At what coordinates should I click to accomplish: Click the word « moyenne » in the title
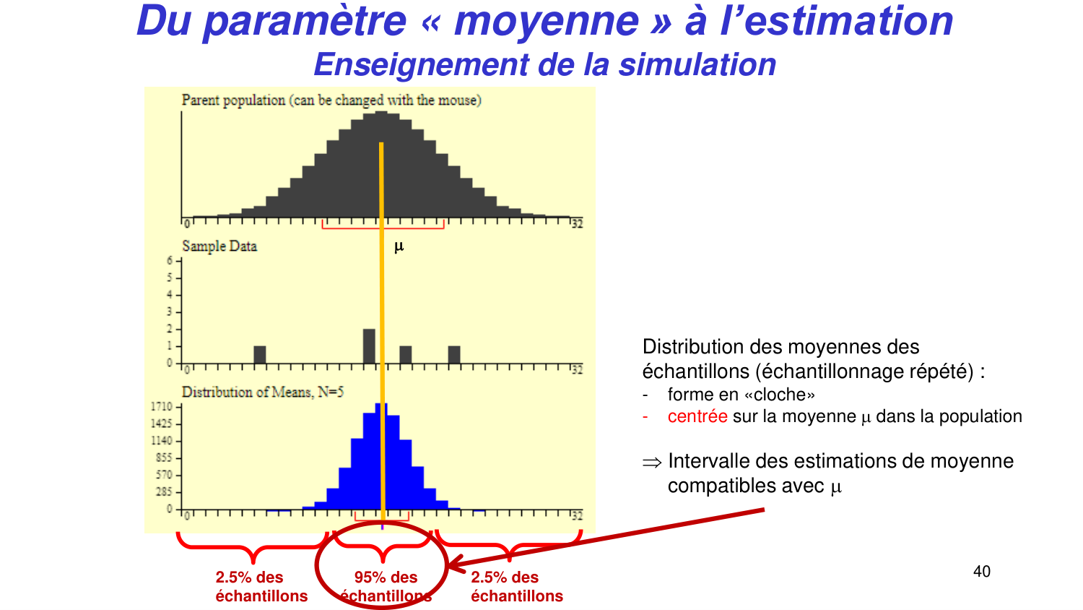pos(546,20)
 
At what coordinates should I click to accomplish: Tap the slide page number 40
pos(982,572)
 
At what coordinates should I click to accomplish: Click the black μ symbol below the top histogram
pos(399,247)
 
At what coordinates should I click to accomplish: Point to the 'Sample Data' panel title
pos(219,246)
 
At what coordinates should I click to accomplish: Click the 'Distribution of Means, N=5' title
pos(263,392)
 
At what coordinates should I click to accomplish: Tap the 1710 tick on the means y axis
pos(161,407)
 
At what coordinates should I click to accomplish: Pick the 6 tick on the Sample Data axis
pos(170,261)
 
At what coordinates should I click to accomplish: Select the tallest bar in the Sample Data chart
pos(369,346)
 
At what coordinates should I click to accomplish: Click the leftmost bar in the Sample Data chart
pos(260,355)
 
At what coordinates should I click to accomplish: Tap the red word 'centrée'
pos(697,416)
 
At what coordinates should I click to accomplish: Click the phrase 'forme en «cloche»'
pos(741,395)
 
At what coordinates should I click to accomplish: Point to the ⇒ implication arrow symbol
pos(652,463)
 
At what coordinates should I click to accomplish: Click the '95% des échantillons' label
pos(386,586)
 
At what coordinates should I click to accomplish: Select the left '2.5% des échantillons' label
pos(261,586)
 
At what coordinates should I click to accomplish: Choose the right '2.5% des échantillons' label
pos(517,586)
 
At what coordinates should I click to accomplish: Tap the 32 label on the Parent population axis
pos(577,225)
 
